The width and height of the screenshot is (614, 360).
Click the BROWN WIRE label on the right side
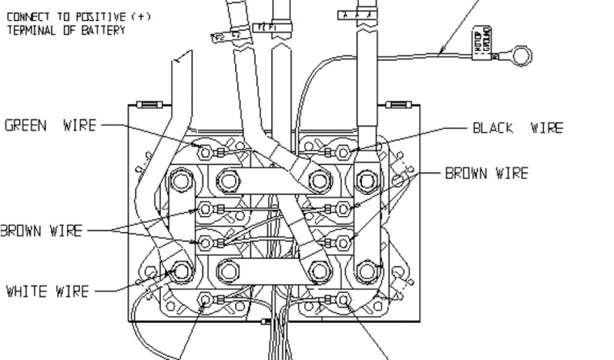[x=486, y=174]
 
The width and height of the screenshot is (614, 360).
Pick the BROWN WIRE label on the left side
[x=41, y=230]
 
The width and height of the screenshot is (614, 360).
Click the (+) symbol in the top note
[x=142, y=17]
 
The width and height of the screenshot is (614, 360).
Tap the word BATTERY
[x=103, y=29]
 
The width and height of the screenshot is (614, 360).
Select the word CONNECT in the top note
[x=28, y=17]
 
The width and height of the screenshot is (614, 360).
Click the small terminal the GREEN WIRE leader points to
[x=206, y=152]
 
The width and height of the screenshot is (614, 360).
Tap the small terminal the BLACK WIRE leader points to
[x=344, y=152]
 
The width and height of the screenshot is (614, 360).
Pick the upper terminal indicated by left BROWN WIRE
[x=206, y=209]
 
